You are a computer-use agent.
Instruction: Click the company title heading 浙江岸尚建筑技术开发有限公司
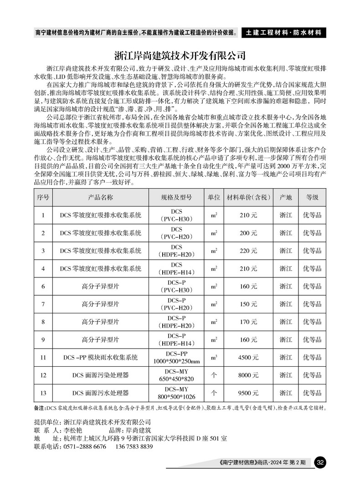(180, 56)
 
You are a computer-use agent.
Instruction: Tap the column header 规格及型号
(176, 198)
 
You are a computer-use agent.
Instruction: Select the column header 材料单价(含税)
(248, 198)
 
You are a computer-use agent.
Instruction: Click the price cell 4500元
(248, 358)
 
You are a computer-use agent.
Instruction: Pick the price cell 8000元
(248, 375)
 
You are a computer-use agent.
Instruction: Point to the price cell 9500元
(248, 393)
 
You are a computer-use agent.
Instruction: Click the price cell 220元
(248, 251)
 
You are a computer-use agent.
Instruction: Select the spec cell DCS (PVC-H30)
(176, 215)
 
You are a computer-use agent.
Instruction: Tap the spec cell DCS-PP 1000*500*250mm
(176, 358)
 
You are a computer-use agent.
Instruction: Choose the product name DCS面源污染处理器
(100, 375)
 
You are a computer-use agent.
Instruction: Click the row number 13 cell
(43, 393)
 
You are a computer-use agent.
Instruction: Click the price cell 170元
(248, 322)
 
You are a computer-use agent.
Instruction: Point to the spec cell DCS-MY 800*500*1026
(176, 393)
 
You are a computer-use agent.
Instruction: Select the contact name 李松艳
(73, 430)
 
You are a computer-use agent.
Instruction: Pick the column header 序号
(43, 198)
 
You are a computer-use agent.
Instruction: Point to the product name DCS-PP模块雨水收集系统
(100, 358)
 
